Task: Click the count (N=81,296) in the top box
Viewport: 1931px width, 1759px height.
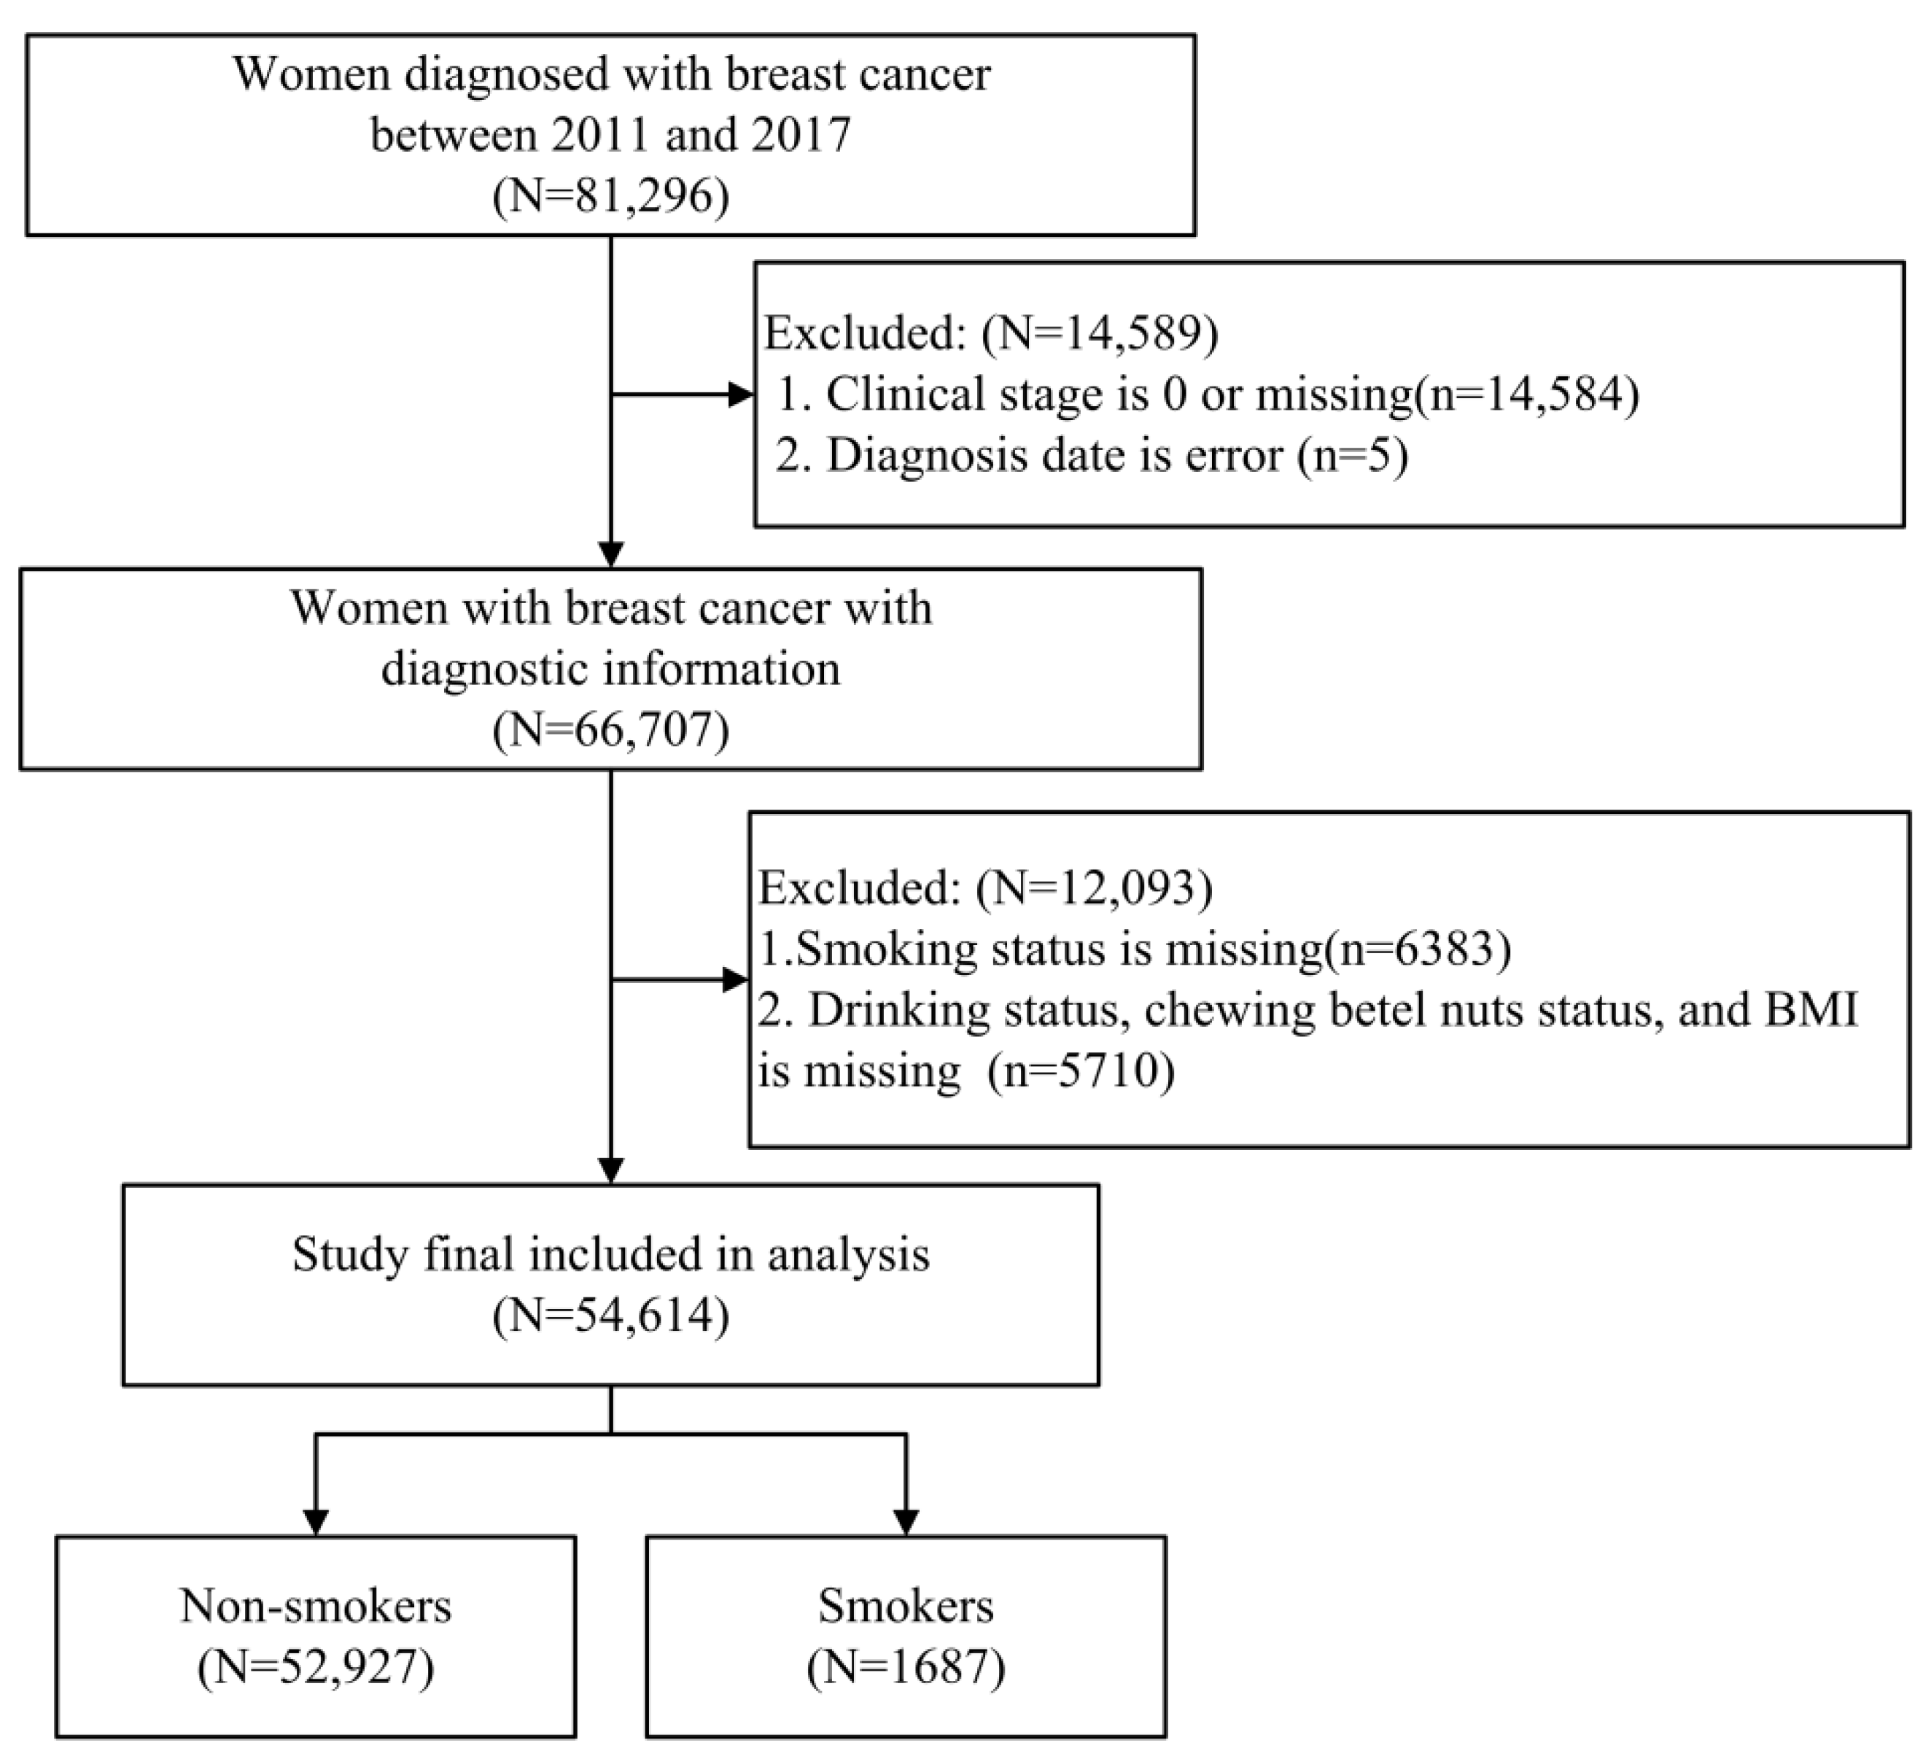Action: (611, 195)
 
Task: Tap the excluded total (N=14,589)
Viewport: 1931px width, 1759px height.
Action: (1099, 333)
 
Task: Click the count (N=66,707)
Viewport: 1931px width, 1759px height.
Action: (611, 730)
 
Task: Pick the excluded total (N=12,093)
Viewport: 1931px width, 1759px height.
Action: (1094, 888)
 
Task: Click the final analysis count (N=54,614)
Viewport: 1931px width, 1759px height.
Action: (611, 1316)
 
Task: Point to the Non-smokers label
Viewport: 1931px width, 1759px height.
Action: (315, 1606)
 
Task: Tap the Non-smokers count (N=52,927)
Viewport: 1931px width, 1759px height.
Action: (315, 1668)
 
